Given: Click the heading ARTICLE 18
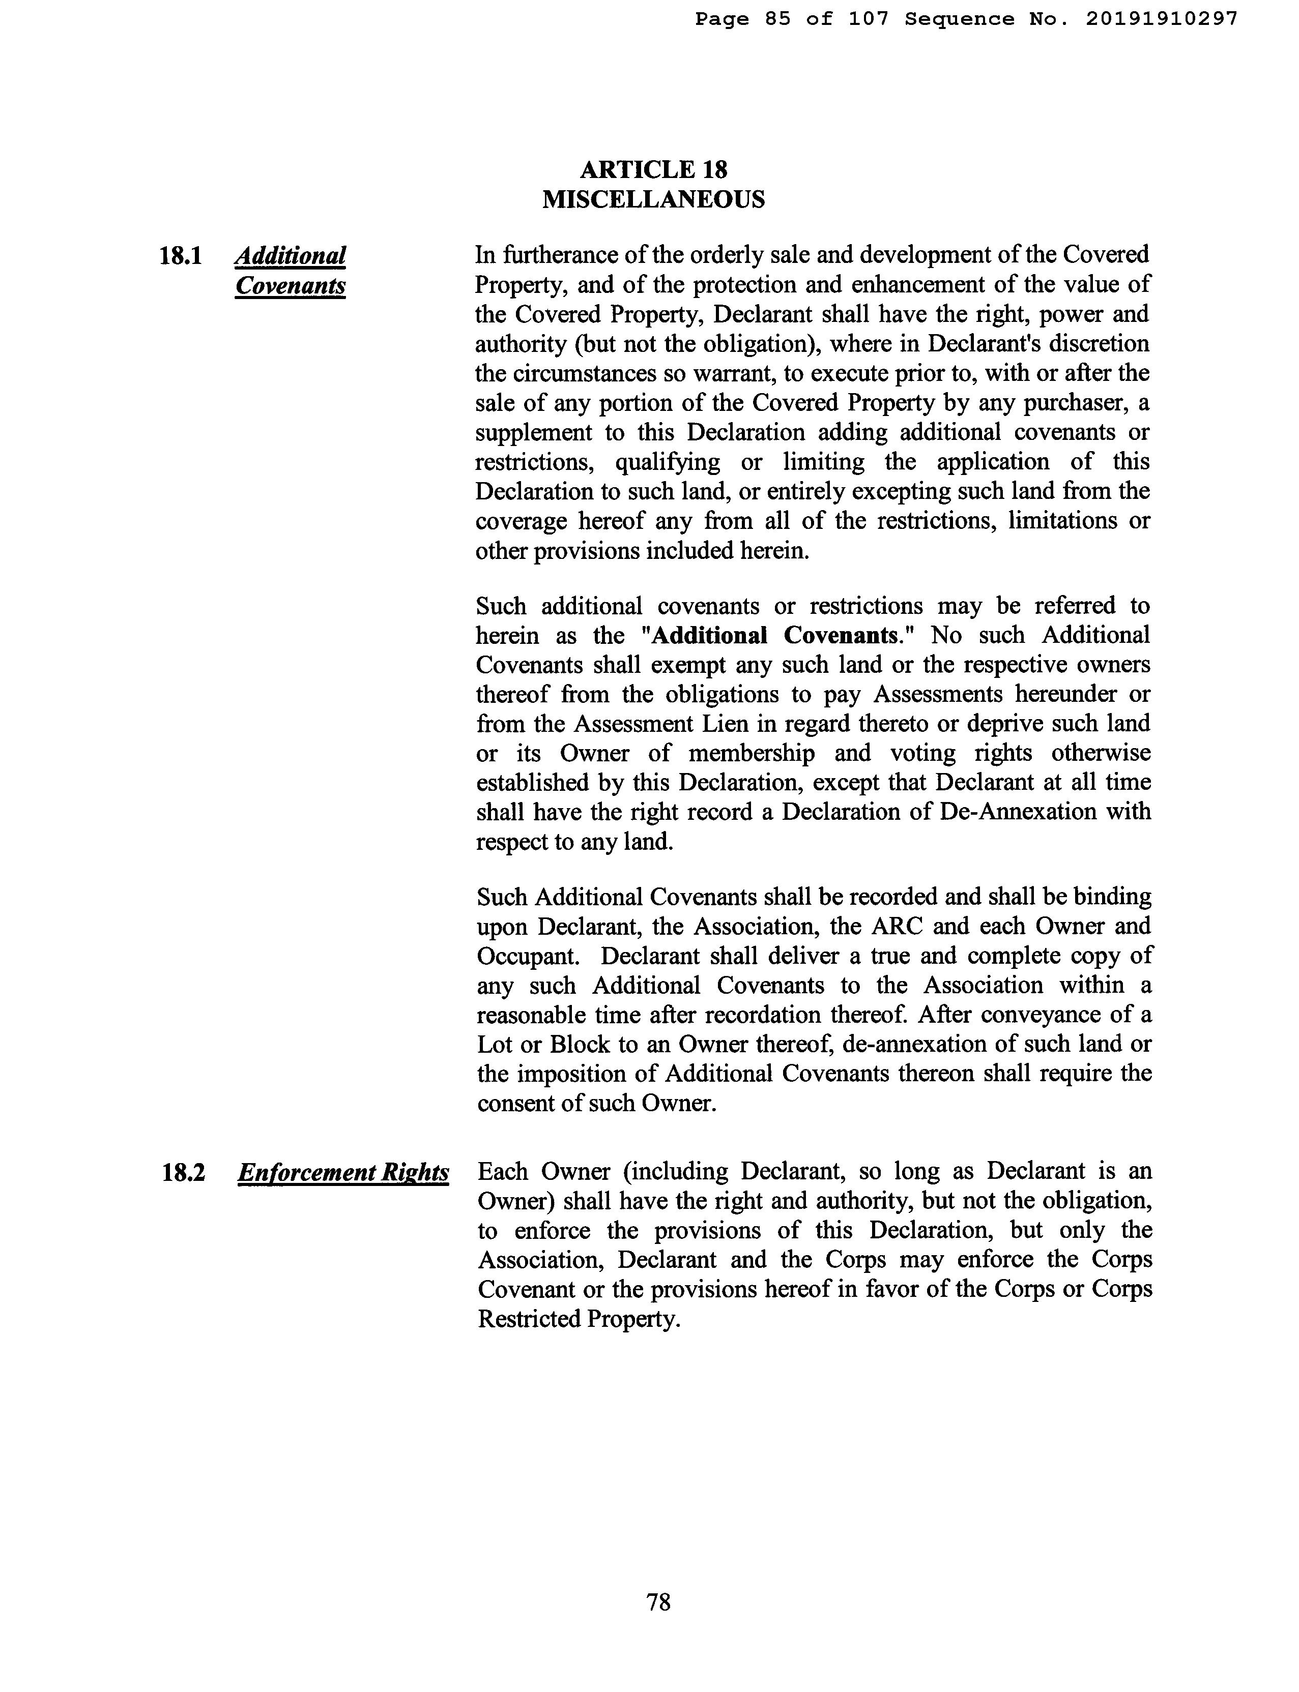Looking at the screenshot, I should [653, 169].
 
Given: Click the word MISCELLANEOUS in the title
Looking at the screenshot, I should [653, 199].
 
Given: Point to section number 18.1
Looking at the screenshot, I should [180, 256].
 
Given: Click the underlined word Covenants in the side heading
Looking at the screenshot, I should [290, 286].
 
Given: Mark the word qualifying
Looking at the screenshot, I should [667, 462].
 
